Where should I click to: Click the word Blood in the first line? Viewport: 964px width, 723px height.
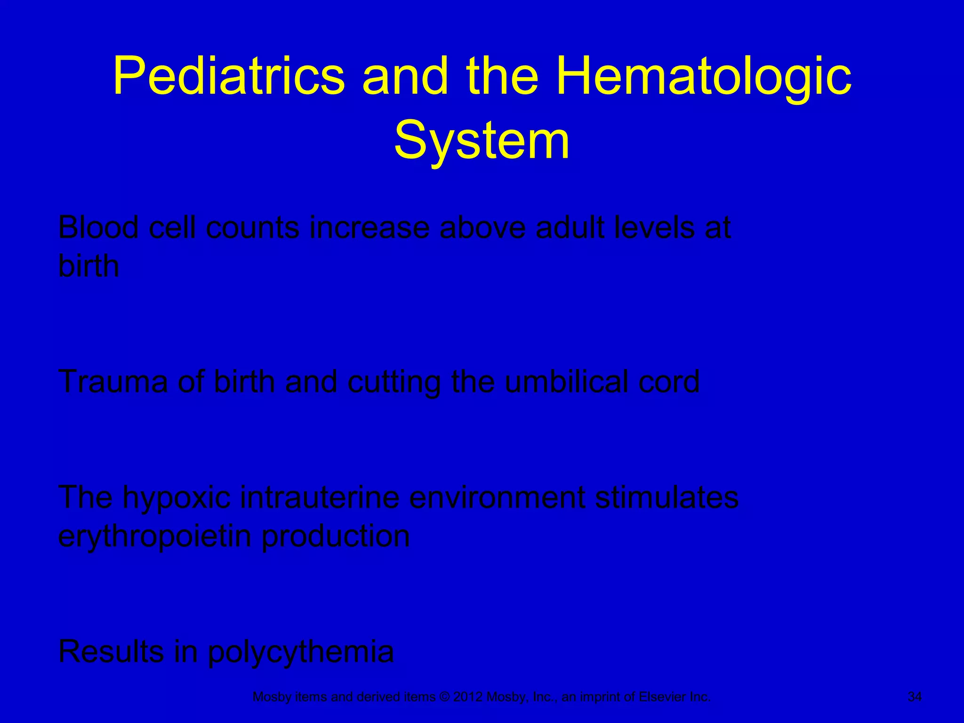pos(98,228)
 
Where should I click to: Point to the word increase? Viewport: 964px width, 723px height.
pos(369,228)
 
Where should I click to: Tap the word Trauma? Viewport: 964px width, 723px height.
pos(112,381)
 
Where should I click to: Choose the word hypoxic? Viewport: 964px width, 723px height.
pos(177,498)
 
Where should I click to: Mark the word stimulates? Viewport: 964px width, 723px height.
pos(667,497)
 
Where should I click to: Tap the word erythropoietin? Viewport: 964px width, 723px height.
pos(154,537)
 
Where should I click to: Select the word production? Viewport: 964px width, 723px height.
pos(335,537)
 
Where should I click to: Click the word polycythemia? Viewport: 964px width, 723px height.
pos(300,652)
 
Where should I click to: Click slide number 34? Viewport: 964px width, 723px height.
pos(914,697)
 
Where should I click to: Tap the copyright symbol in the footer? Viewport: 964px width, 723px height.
pos(444,697)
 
